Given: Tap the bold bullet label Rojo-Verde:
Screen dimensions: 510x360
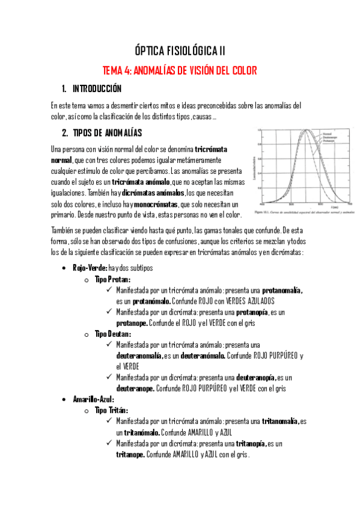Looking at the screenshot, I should pos(90,267).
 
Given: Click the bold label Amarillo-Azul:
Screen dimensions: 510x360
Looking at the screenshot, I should pos(94,399).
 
